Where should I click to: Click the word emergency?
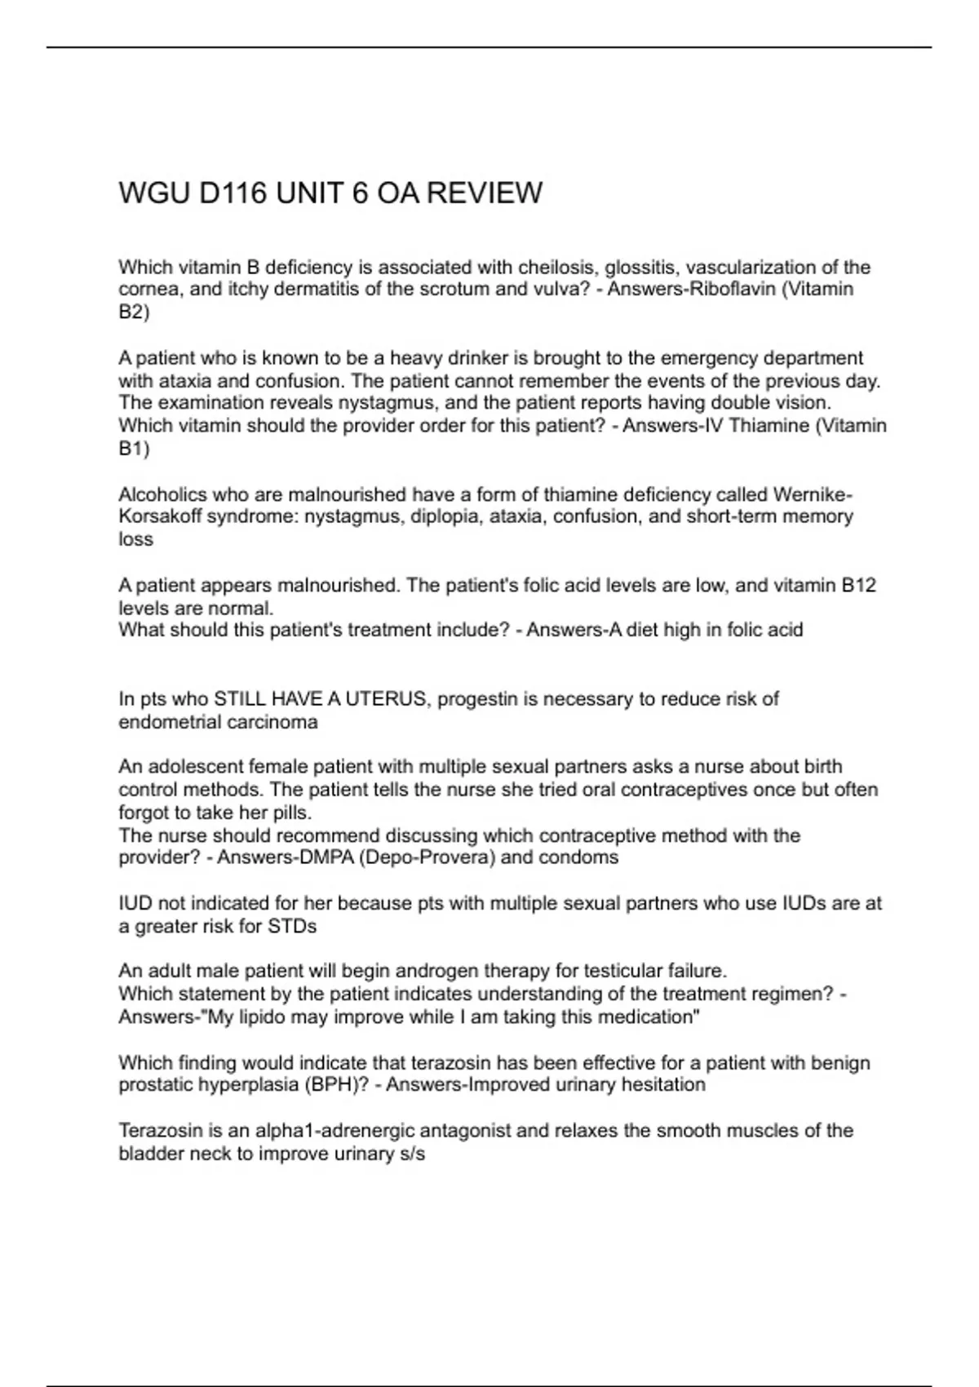click(x=711, y=358)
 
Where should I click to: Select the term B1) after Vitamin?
click(x=134, y=448)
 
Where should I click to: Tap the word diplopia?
click(x=444, y=516)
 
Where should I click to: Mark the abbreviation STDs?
click(x=292, y=926)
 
